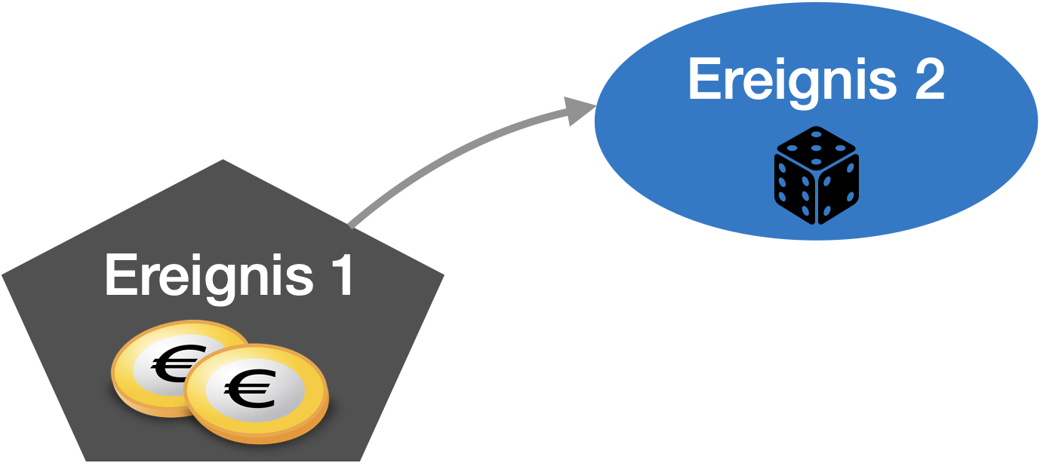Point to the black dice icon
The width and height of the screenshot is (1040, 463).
(816, 174)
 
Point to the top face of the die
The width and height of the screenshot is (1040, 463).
(816, 148)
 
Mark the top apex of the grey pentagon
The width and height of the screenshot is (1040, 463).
(223, 161)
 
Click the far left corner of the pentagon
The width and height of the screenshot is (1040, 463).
(5, 276)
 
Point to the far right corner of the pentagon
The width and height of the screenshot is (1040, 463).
(442, 276)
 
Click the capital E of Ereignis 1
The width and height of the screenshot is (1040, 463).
(118, 276)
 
